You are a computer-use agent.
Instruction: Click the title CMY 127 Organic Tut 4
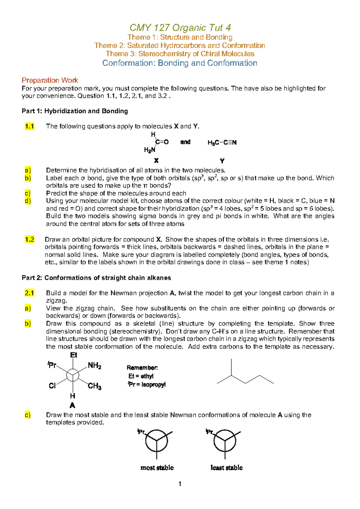click(180, 28)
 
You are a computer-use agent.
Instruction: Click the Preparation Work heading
click(50, 80)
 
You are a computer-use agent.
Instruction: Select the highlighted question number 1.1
click(29, 126)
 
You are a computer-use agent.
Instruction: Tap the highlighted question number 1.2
click(29, 239)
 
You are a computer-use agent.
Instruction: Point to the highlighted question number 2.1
click(29, 293)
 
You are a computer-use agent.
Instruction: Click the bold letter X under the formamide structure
click(156, 161)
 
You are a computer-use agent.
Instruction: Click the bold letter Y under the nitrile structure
click(222, 161)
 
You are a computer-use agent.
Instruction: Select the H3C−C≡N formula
click(222, 143)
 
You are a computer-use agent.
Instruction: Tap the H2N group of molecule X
click(149, 150)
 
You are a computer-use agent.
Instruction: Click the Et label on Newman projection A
click(73, 355)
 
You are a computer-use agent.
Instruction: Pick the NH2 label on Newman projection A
click(94, 366)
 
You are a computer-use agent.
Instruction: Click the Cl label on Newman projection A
click(52, 386)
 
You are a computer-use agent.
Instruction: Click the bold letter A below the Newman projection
click(72, 406)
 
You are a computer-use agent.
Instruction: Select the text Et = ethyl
click(141, 376)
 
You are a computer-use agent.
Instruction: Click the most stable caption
click(157, 468)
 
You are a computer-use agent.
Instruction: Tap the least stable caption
click(226, 468)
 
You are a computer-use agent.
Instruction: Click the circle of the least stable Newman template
click(225, 441)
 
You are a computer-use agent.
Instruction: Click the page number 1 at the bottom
click(180, 483)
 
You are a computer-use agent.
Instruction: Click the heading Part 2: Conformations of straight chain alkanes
click(96, 278)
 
